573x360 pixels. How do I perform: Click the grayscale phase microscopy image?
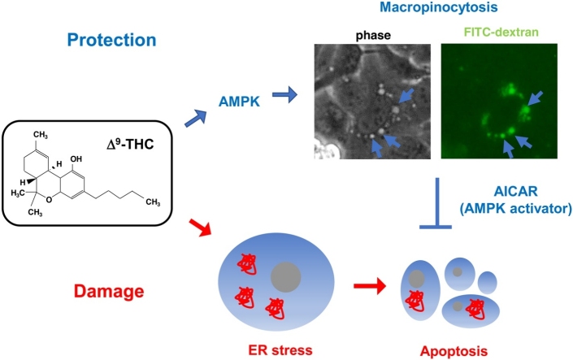click(x=371, y=102)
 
